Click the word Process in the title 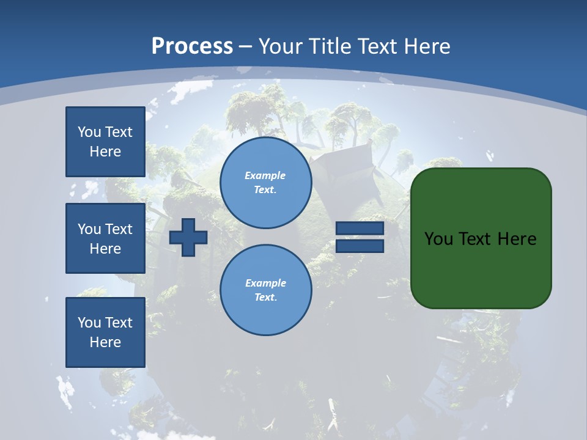(x=192, y=46)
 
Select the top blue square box (x=105, y=142)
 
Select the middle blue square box (x=105, y=238)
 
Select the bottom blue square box (x=105, y=332)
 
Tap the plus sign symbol (x=188, y=238)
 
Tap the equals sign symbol (x=360, y=238)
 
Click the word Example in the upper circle (x=265, y=175)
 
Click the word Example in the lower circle (x=265, y=283)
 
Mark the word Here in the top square (x=105, y=152)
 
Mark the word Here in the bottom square (x=105, y=342)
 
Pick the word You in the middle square (x=89, y=229)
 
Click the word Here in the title (x=426, y=46)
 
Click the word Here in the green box (x=517, y=239)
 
